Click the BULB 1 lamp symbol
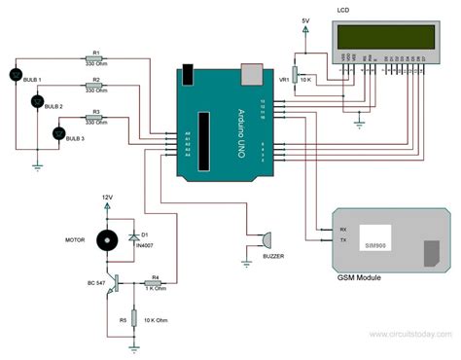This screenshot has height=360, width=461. [15, 75]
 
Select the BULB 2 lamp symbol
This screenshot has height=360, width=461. [38, 101]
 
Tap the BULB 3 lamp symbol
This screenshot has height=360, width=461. [57, 132]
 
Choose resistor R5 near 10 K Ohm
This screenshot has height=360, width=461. [134, 318]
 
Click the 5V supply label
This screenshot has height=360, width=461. [304, 19]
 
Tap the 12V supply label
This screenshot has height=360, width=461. [107, 198]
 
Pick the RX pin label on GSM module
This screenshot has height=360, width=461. [342, 230]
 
